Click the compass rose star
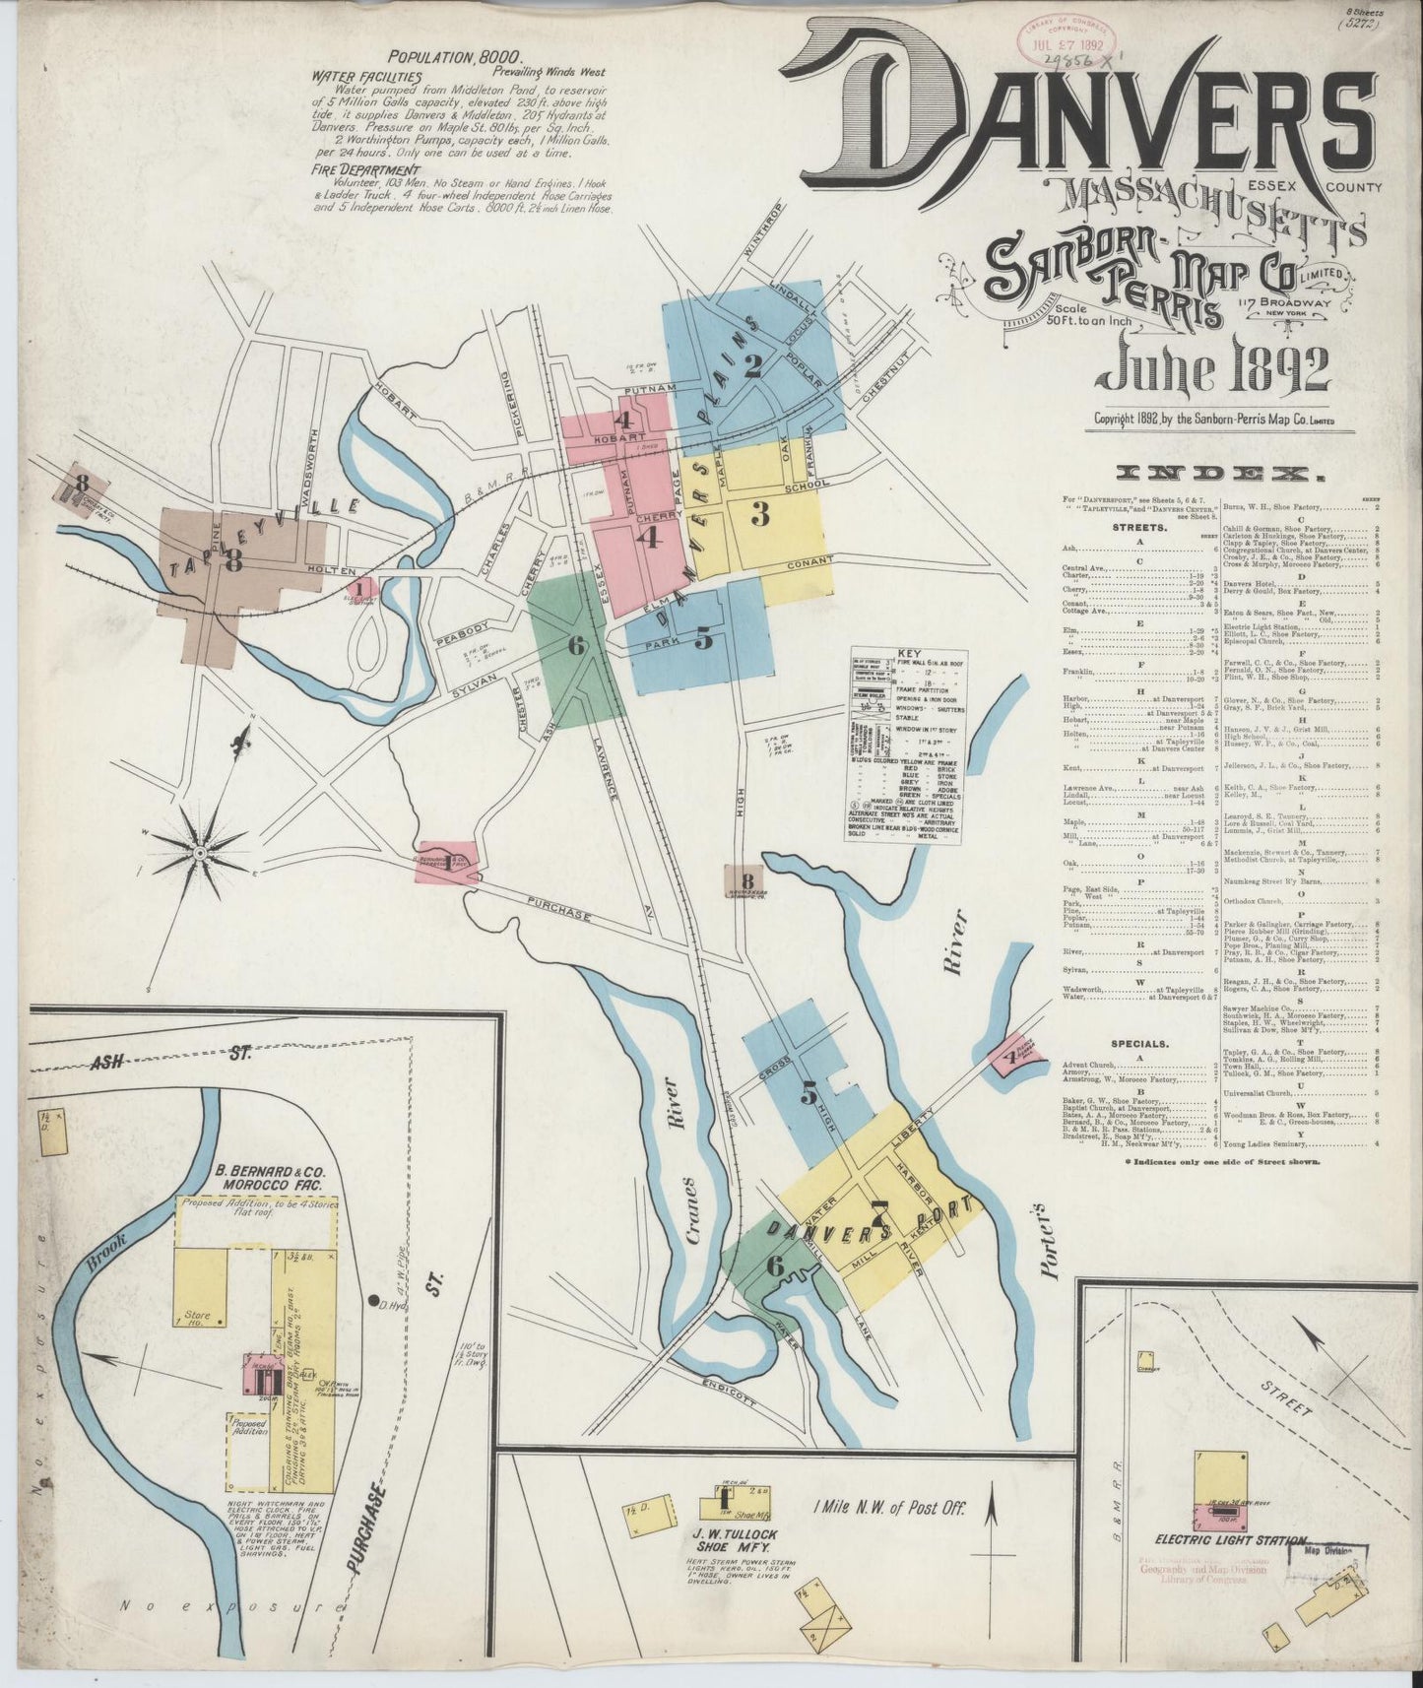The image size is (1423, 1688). (200, 851)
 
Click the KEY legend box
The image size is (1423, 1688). (908, 744)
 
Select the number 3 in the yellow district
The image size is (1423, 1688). (759, 514)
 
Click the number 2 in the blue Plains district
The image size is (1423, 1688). (753, 365)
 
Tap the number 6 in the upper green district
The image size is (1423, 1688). (576, 645)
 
